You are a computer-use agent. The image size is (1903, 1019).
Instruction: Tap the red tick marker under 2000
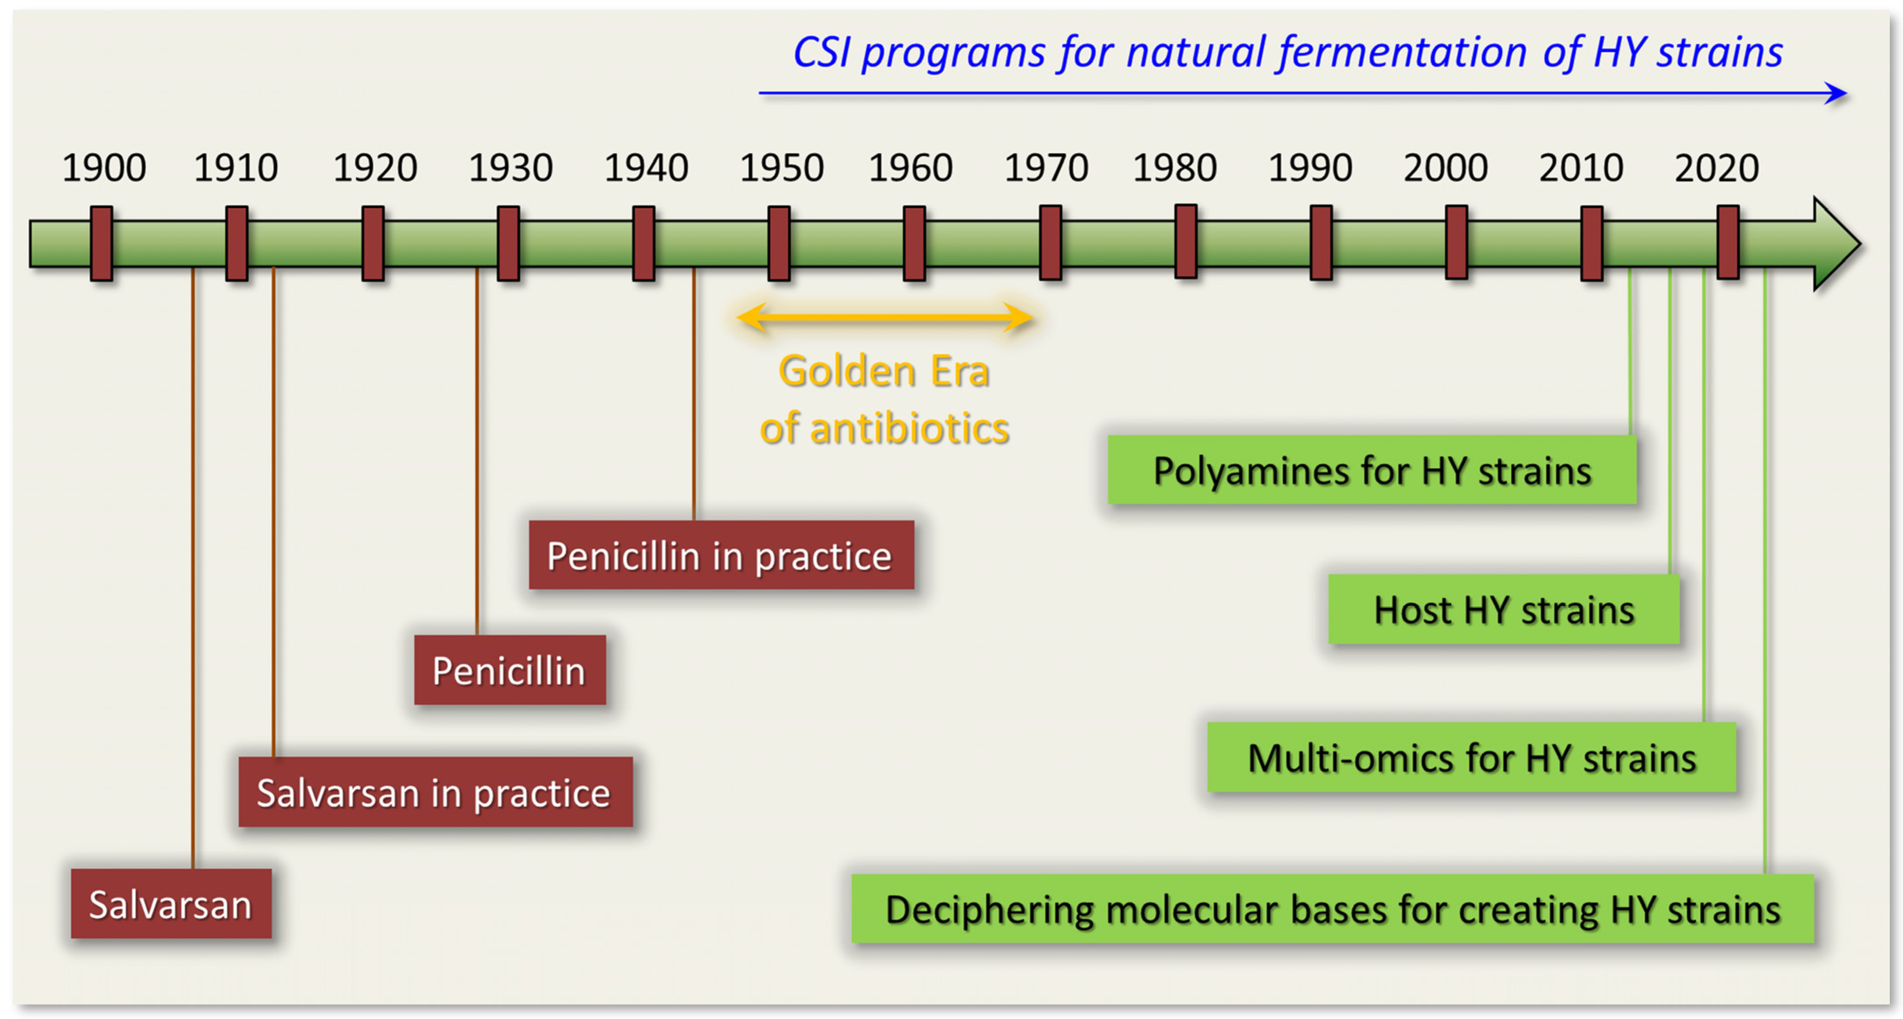(1456, 242)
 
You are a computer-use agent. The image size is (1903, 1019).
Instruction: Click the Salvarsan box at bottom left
(171, 903)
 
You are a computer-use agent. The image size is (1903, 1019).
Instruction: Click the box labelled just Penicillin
(510, 669)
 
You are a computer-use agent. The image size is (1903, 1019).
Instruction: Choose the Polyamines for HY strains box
(1372, 469)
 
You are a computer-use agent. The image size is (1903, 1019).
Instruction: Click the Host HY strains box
(1503, 609)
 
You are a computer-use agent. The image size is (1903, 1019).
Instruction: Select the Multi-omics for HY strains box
(1472, 757)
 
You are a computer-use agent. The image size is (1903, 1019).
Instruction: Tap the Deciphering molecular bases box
(1333, 908)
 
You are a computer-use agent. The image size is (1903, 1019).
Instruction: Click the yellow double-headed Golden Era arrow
(885, 318)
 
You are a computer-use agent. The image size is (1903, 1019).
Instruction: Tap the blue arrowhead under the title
(1836, 93)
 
